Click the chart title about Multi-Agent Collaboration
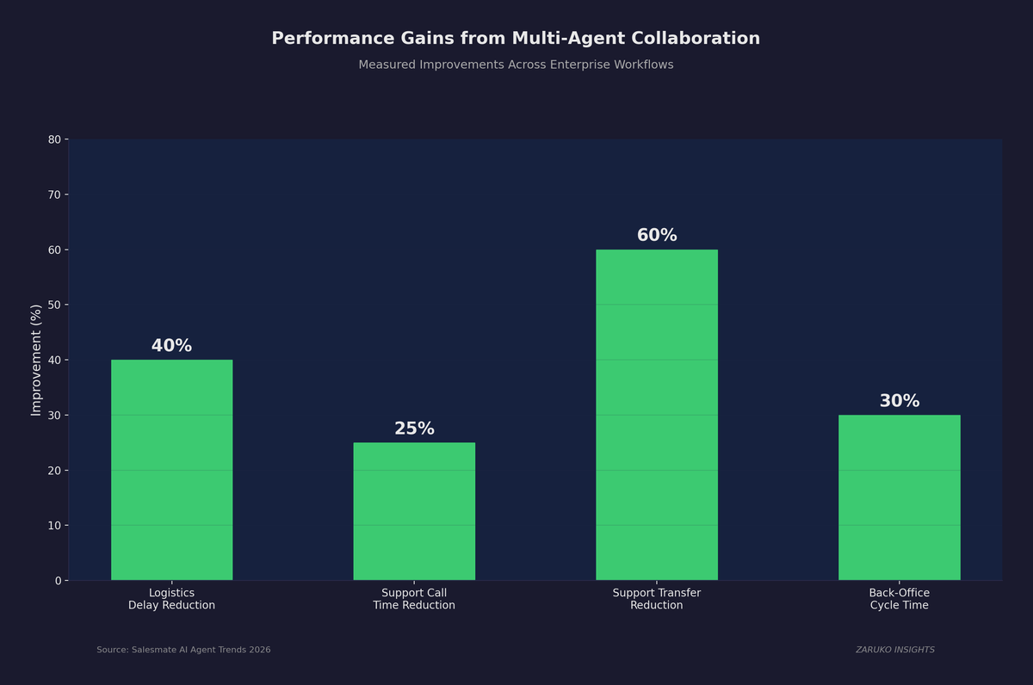click(x=516, y=39)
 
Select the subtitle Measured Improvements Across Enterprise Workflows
click(x=516, y=65)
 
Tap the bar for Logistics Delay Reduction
click(x=171, y=470)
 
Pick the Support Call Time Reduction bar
click(x=414, y=511)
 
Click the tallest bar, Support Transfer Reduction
click(x=656, y=415)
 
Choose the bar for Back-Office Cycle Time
click(x=899, y=497)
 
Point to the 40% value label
click(x=171, y=346)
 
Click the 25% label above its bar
click(x=414, y=429)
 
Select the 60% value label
click(x=656, y=236)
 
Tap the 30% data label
click(x=899, y=401)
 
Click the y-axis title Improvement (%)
click(x=36, y=360)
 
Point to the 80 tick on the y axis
click(x=54, y=139)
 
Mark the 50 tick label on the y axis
click(x=54, y=305)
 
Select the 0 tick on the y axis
click(x=58, y=581)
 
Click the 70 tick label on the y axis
click(x=54, y=194)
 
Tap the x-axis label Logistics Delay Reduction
click(x=171, y=599)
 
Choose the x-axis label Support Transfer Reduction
click(x=656, y=599)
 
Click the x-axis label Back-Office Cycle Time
click(x=899, y=599)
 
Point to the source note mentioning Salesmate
click(x=183, y=650)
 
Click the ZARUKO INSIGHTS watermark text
click(x=894, y=650)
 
